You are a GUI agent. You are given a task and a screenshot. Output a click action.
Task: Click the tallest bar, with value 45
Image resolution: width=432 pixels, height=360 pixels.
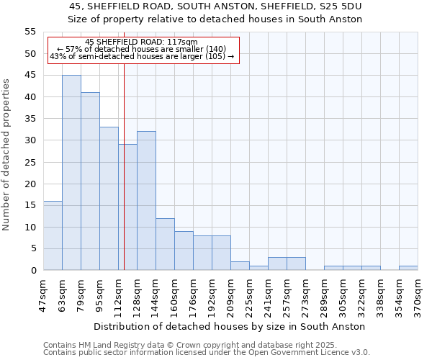[71, 173]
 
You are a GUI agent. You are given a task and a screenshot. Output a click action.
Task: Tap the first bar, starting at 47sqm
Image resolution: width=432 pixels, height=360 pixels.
[53, 235]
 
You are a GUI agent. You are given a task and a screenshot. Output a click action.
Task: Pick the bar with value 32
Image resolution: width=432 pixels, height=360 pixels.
[146, 201]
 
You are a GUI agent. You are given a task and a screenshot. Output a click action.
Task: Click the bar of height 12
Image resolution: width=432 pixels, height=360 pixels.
[165, 244]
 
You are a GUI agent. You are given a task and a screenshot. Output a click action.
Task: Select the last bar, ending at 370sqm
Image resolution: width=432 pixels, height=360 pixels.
[408, 268]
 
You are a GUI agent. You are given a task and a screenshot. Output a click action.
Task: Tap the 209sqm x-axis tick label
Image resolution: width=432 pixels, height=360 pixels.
[231, 294]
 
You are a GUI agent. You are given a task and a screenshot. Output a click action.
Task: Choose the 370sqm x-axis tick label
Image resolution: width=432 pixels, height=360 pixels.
[418, 294]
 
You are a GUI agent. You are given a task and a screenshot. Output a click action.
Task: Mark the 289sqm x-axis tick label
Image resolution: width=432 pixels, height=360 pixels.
[324, 294]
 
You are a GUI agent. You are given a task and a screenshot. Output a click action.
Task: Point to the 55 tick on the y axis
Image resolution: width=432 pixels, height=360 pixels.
[30, 32]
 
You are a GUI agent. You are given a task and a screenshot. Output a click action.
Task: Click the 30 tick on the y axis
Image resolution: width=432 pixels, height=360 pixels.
[30, 140]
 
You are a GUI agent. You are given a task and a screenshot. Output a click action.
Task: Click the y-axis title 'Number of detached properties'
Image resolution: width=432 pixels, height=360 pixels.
[6, 155]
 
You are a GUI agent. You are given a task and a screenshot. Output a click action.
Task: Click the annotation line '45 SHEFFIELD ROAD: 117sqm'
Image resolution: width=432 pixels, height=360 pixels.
[141, 42]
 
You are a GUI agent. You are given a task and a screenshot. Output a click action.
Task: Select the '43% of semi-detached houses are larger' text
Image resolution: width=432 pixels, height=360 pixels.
[142, 56]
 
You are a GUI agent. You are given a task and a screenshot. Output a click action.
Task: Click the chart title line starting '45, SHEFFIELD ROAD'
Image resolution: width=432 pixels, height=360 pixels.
[215, 6]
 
